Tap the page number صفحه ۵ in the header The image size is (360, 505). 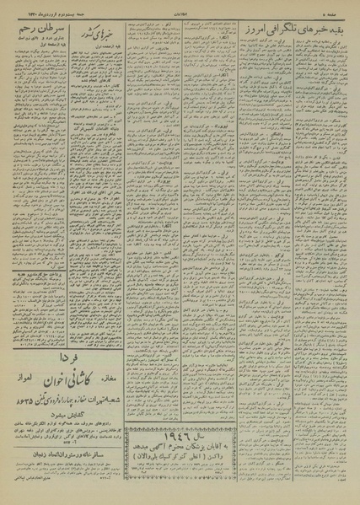(x=341, y=8)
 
